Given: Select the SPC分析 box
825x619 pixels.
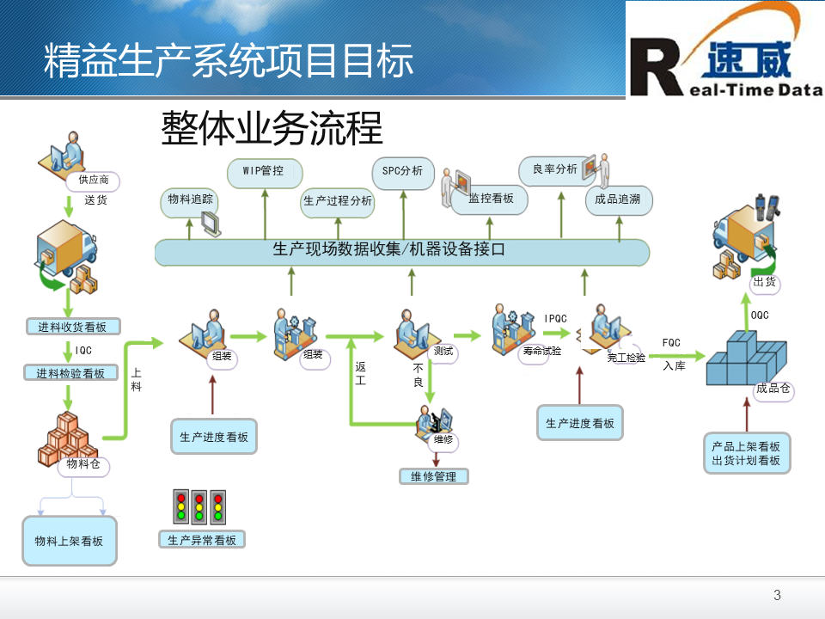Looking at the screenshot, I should (x=402, y=171).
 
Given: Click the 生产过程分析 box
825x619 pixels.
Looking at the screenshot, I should (x=338, y=201).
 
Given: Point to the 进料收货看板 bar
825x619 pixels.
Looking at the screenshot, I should (x=72, y=327).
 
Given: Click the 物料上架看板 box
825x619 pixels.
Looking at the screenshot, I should (x=69, y=541).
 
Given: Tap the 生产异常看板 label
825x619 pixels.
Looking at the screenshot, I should (x=202, y=540).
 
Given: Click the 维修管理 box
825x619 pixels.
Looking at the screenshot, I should (x=434, y=476).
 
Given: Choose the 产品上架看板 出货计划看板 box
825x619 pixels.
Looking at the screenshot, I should (x=746, y=453).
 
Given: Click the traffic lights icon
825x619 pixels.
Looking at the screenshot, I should (x=200, y=507).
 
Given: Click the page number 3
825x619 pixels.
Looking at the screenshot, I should (x=778, y=596).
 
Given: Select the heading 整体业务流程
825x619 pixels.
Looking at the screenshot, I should (x=272, y=129).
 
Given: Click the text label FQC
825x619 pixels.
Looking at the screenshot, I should (x=671, y=343).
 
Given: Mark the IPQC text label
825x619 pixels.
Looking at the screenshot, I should (x=556, y=319).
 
